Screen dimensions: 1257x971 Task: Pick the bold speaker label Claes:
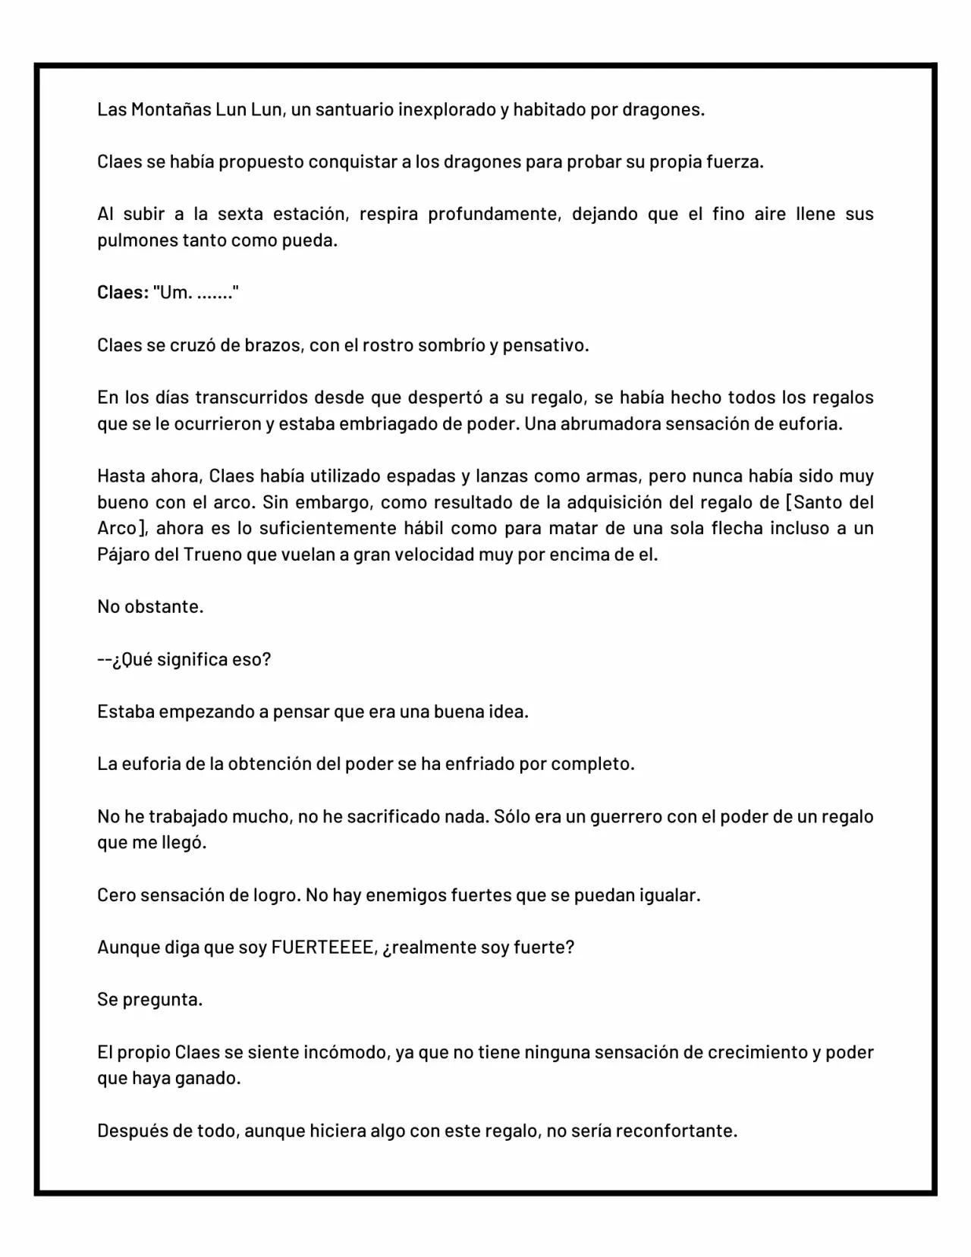(x=123, y=293)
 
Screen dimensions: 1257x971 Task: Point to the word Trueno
(x=212, y=555)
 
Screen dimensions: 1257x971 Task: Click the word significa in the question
(x=192, y=660)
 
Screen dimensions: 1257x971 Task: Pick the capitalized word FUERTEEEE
(x=325, y=948)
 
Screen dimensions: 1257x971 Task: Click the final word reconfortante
(x=676, y=1132)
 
